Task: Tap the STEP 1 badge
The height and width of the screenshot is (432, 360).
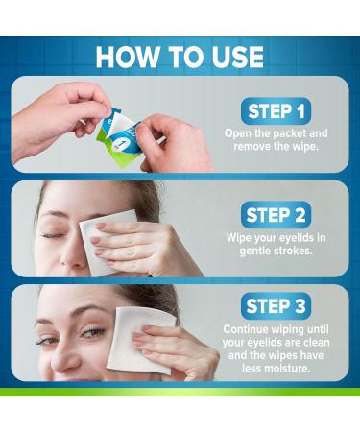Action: tap(276, 110)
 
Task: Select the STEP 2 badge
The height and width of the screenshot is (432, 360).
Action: tap(276, 215)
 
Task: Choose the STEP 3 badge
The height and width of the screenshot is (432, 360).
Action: tap(276, 306)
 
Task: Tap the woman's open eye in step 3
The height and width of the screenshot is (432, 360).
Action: tap(90, 331)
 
